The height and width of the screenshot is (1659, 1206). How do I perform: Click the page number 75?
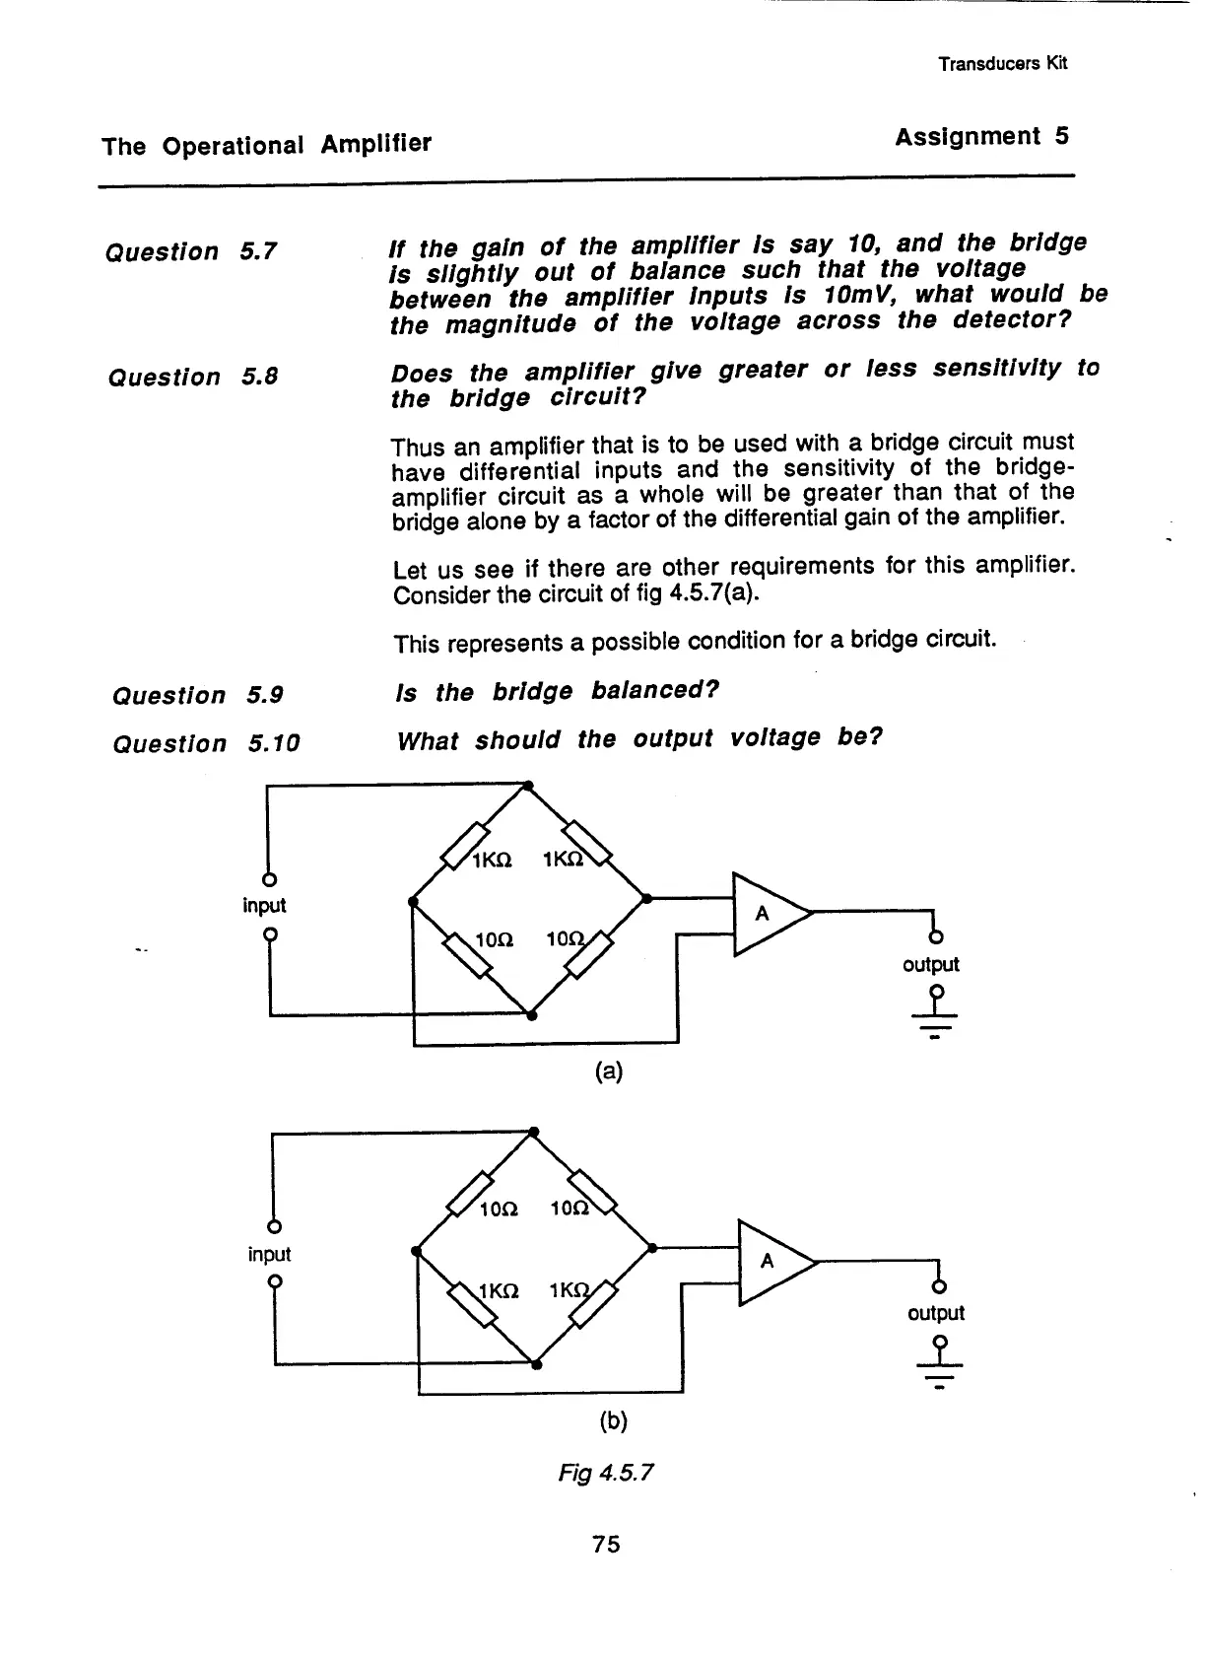(606, 1544)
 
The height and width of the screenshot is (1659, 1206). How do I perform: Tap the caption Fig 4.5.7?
(605, 1473)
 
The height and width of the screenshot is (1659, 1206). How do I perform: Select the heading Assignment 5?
(981, 137)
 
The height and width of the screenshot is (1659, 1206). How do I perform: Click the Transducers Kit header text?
(1002, 64)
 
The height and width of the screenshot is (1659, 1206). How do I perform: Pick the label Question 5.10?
(206, 743)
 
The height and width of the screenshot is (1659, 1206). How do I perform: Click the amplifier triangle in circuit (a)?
(768, 915)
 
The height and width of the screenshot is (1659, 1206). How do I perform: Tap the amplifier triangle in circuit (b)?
(772, 1263)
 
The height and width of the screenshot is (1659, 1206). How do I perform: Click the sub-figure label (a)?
(609, 1071)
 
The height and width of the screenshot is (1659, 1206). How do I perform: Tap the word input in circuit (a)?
(264, 905)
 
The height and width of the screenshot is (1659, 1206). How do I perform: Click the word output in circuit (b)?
(936, 1313)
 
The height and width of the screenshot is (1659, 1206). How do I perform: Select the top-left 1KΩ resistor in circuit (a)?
(465, 844)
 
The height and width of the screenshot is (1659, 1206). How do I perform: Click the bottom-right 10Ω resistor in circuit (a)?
(588, 958)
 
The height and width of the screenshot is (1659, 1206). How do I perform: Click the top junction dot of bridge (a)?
(527, 786)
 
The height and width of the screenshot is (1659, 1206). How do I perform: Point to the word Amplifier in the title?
(375, 144)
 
